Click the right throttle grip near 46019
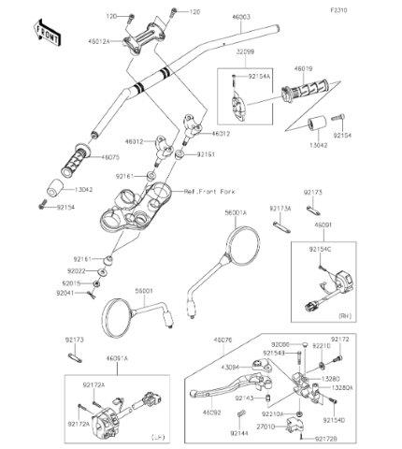point(303,93)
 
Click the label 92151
point(208,153)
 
